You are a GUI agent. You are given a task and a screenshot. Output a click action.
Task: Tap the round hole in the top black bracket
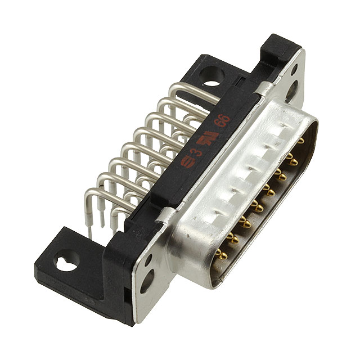(x=211, y=76)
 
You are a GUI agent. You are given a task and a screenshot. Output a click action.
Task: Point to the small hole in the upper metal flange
(x=294, y=70)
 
